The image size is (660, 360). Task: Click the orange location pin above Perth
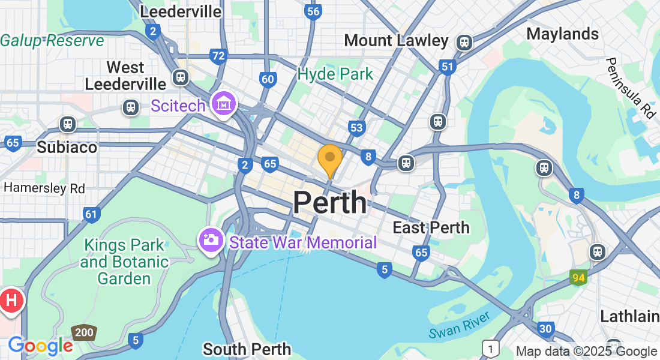[x=329, y=158]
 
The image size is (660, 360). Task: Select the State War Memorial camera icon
[x=211, y=241]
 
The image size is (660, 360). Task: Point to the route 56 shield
[x=312, y=11]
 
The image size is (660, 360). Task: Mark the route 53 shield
[x=356, y=127]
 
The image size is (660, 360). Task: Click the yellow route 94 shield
[x=578, y=278]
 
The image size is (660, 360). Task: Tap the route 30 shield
[x=545, y=328]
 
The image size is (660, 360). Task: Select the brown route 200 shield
[x=83, y=332]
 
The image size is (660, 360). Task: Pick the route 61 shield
[x=91, y=214]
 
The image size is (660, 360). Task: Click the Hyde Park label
[x=335, y=74]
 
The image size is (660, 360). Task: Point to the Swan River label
[x=460, y=325]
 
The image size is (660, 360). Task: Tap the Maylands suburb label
[x=562, y=34]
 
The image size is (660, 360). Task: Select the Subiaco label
[x=67, y=147]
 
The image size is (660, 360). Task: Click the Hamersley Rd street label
[x=44, y=188]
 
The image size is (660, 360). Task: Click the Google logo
[x=40, y=346]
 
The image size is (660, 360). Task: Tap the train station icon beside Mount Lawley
[x=463, y=43]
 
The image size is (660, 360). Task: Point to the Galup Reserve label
[x=52, y=40]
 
